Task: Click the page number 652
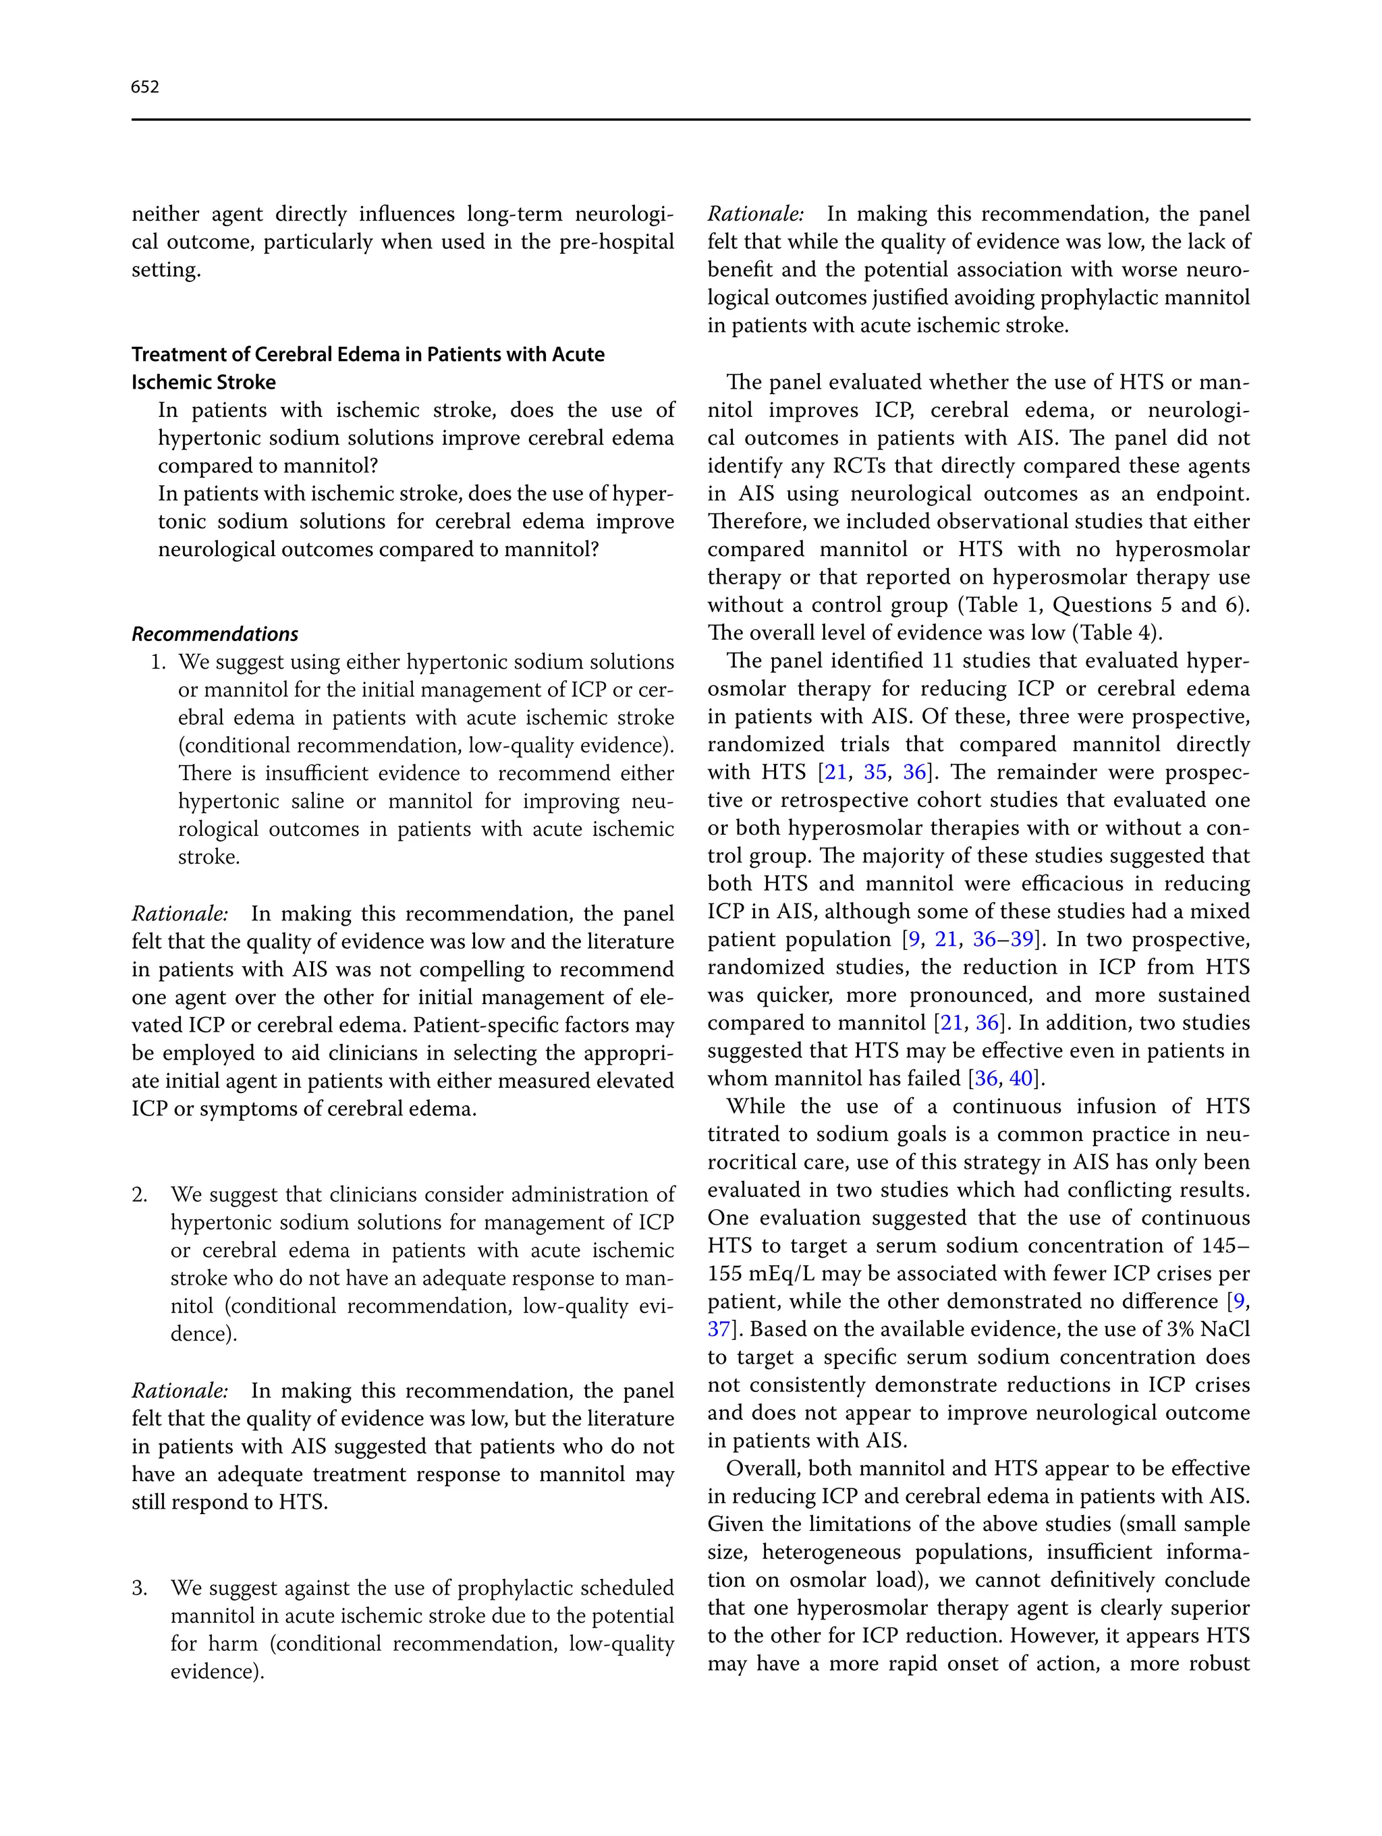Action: [144, 87]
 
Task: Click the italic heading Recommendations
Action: [215, 634]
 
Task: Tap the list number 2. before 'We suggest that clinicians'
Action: [140, 1194]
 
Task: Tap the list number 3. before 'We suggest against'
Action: [140, 1588]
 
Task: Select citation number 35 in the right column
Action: [875, 772]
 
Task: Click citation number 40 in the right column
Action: [1021, 1078]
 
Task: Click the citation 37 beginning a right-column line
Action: [718, 1329]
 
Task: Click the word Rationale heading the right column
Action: [755, 214]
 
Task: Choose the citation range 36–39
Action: [1003, 939]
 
